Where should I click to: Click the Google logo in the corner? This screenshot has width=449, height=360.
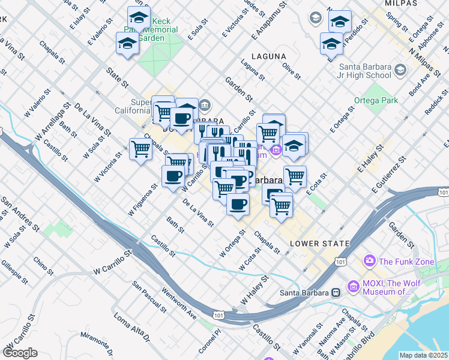(20, 353)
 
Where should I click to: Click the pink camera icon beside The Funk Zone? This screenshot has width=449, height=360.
(370, 261)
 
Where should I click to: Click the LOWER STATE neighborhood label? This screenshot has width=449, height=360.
(319, 244)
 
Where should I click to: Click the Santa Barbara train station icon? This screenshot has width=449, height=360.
(336, 293)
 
